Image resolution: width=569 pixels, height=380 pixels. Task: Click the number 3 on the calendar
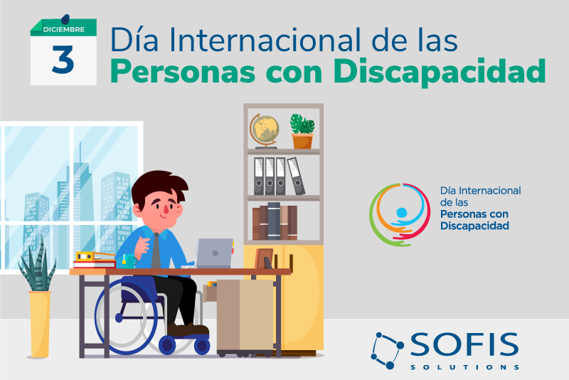(x=63, y=60)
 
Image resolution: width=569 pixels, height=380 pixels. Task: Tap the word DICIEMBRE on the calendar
(x=63, y=29)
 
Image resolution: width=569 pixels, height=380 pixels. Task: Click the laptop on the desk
(x=214, y=252)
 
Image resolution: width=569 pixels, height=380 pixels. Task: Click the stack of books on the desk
(x=95, y=260)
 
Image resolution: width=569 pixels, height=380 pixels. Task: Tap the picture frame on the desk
(x=264, y=258)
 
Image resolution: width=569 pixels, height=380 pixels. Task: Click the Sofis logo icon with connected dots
(x=388, y=350)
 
